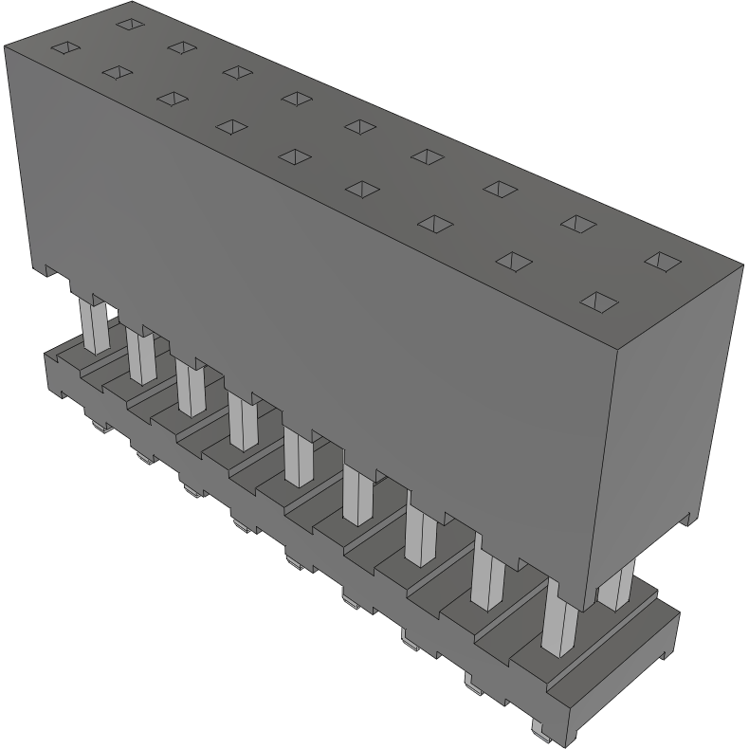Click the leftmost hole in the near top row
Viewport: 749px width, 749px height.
(64, 47)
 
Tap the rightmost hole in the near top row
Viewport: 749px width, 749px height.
(599, 302)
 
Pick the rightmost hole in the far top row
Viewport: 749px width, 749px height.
(662, 260)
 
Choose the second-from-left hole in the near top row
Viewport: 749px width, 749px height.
(119, 72)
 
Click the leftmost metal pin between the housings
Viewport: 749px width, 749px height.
(94, 324)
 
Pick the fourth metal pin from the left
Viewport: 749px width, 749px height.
(242, 422)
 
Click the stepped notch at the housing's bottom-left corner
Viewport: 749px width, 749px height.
(54, 273)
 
